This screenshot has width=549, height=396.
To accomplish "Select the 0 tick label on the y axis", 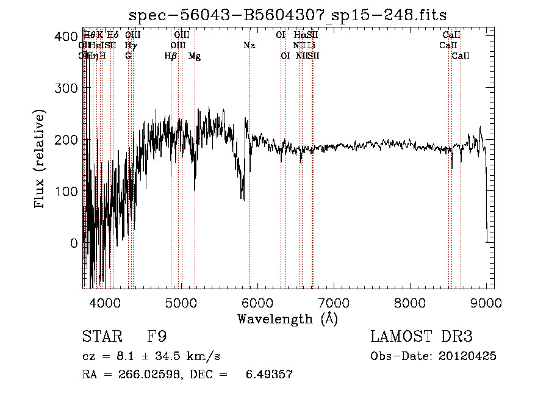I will pyautogui.click(x=74, y=243).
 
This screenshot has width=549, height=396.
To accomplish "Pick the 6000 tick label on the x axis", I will pyautogui.click(x=257, y=302).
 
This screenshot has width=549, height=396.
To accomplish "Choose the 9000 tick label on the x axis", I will pyautogui.click(x=486, y=302).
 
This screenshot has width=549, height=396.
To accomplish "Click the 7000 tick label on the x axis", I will pyautogui.click(x=334, y=302).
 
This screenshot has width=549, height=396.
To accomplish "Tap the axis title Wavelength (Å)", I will pyautogui.click(x=287, y=319).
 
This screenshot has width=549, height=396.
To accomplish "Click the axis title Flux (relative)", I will pyautogui.click(x=41, y=160).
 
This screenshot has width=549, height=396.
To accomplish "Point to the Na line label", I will pyautogui.click(x=249, y=45).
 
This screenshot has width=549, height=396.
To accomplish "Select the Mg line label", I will pyautogui.click(x=195, y=56).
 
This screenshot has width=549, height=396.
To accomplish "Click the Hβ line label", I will pyautogui.click(x=171, y=56).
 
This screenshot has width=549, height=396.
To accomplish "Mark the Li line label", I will pyautogui.click(x=311, y=45).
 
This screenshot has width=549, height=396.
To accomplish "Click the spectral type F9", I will pyautogui.click(x=157, y=337).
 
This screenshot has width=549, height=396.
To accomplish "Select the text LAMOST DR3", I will pyautogui.click(x=422, y=337).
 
